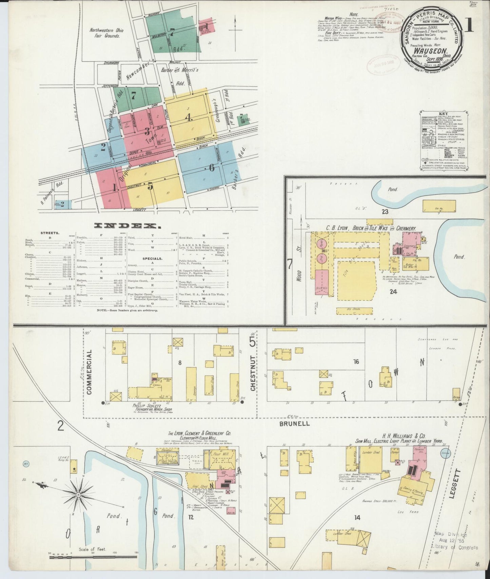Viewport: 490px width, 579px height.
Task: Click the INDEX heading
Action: click(x=127, y=225)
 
